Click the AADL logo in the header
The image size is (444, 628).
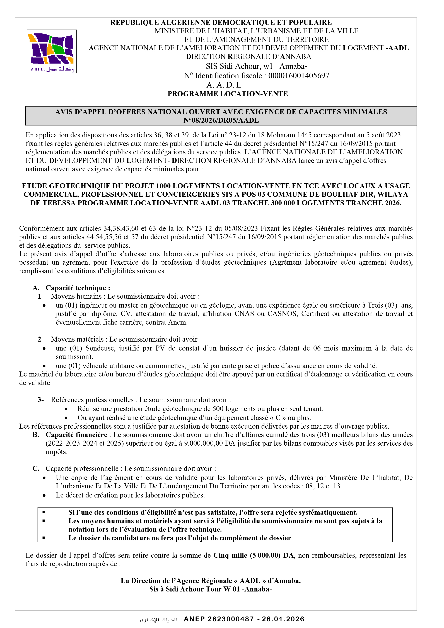click(52, 51)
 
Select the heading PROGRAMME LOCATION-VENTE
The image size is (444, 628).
click(228, 94)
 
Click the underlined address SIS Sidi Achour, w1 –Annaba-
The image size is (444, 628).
click(256, 66)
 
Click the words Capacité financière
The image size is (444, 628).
click(76, 435)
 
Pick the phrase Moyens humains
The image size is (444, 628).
click(76, 296)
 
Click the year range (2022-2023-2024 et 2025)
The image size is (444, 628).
click(85, 443)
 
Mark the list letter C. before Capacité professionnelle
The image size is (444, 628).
click(36, 468)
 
